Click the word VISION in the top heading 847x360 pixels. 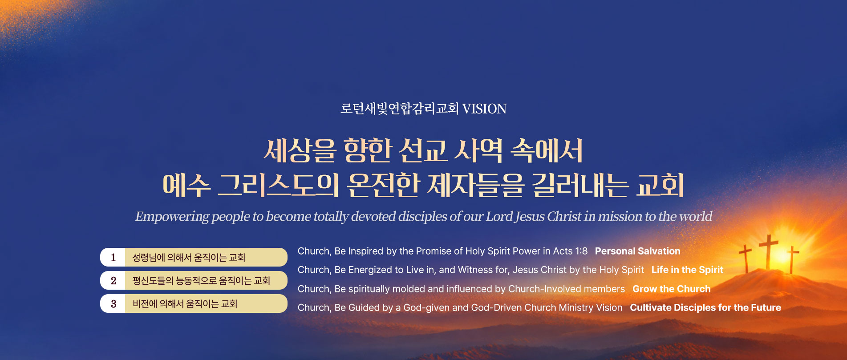coord(484,109)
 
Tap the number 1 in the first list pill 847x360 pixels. coord(113,258)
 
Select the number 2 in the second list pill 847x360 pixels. coord(113,281)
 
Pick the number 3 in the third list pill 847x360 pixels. coord(113,304)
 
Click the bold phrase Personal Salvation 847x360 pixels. coord(637,251)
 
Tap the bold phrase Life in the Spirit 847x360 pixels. coord(687,270)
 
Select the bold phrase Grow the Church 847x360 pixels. coord(671,289)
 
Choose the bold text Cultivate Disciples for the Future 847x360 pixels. coord(705,307)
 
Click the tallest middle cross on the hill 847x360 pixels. coord(769,251)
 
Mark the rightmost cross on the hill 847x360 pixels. coord(792,260)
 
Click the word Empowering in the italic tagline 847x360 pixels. coord(172,217)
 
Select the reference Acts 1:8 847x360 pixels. coord(570,251)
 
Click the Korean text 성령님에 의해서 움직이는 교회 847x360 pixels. coord(189,258)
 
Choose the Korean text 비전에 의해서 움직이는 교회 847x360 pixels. coord(185,304)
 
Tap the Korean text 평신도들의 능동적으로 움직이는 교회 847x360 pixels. coord(201,281)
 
